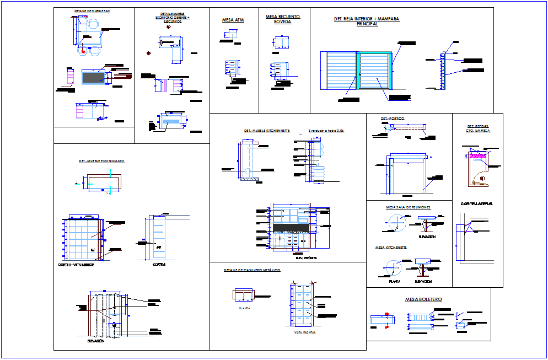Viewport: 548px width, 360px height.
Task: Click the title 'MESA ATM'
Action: click(x=233, y=20)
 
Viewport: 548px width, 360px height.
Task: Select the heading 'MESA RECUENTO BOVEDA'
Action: click(x=283, y=19)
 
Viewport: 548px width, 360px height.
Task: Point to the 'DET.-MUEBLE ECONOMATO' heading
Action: click(x=101, y=161)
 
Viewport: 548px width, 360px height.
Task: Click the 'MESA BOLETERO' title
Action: click(x=423, y=299)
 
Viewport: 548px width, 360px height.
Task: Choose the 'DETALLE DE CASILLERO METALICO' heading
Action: click(x=252, y=270)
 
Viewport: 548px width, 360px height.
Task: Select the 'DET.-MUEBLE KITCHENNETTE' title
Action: click(x=267, y=131)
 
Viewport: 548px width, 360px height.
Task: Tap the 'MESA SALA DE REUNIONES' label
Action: click(x=409, y=207)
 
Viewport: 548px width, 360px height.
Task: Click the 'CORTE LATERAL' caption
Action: click(x=477, y=204)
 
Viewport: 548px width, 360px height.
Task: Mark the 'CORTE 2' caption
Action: click(x=159, y=265)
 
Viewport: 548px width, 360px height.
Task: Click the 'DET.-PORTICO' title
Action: click(x=392, y=119)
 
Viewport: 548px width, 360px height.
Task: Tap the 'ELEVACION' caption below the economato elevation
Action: click(x=96, y=341)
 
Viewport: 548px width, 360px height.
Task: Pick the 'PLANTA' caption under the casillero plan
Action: click(x=244, y=308)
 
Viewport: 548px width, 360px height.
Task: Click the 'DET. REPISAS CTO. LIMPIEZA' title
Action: click(x=477, y=128)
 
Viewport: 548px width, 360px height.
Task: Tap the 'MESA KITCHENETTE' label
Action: click(x=391, y=248)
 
